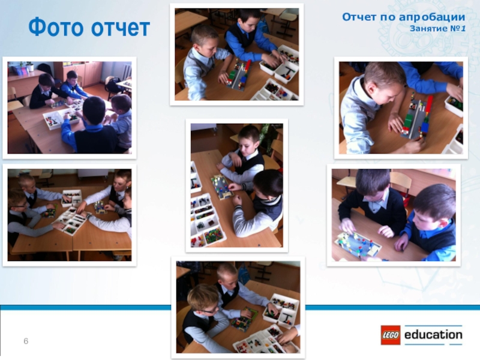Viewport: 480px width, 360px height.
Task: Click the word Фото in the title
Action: [56, 27]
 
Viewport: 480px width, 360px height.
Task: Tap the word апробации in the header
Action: [432, 17]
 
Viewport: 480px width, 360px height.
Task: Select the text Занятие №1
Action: [438, 28]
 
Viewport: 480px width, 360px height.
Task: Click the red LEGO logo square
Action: [391, 335]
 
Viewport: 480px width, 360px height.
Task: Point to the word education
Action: [433, 335]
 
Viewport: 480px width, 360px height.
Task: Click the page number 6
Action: [26, 341]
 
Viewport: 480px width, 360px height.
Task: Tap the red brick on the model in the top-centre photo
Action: [248, 65]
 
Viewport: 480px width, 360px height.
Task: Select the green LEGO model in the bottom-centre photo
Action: [244, 319]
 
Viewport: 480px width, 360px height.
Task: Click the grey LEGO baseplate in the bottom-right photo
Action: [358, 244]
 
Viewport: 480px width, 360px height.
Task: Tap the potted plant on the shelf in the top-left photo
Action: [29, 66]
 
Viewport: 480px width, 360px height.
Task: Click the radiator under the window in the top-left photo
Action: [127, 71]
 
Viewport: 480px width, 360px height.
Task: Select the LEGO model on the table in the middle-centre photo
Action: [221, 187]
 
